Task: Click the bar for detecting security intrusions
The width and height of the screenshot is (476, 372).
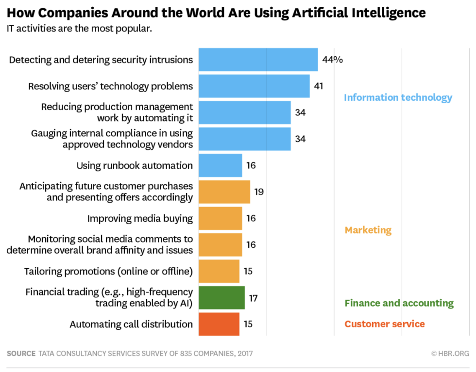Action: tap(258, 60)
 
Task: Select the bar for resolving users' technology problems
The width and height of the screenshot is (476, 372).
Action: tap(254, 86)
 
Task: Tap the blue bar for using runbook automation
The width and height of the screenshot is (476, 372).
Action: tap(220, 165)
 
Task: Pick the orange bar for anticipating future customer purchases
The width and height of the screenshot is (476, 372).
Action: tap(224, 192)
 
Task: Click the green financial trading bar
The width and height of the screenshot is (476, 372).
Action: tap(221, 297)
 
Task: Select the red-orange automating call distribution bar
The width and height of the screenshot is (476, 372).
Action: tap(219, 324)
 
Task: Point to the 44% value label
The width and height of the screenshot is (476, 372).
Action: tap(332, 60)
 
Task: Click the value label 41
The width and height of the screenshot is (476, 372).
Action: tap(318, 86)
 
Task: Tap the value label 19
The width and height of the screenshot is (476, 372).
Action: tap(259, 192)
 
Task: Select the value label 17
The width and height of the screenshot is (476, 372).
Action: tap(253, 297)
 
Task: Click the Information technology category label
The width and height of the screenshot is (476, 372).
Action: tap(398, 97)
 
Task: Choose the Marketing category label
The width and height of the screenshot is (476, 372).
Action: tap(368, 230)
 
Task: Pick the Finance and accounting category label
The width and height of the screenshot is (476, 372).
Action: tap(399, 303)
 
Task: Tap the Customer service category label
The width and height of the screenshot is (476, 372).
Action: tap(385, 324)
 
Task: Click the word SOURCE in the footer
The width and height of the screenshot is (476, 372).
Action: tap(21, 354)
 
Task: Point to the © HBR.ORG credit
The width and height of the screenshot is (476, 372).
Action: tap(450, 354)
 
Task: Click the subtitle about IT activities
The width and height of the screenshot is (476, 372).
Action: tap(79, 29)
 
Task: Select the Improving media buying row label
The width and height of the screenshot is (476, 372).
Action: tap(140, 218)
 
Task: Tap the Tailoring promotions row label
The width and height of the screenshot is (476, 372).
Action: tap(108, 271)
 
